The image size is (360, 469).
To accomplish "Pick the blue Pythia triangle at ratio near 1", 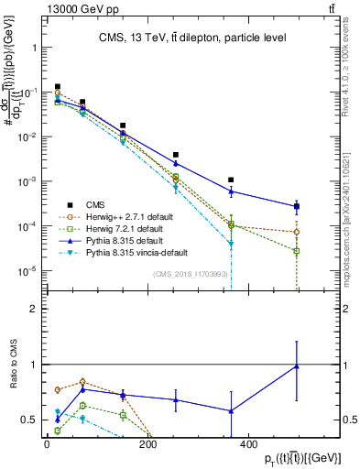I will (297, 366).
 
